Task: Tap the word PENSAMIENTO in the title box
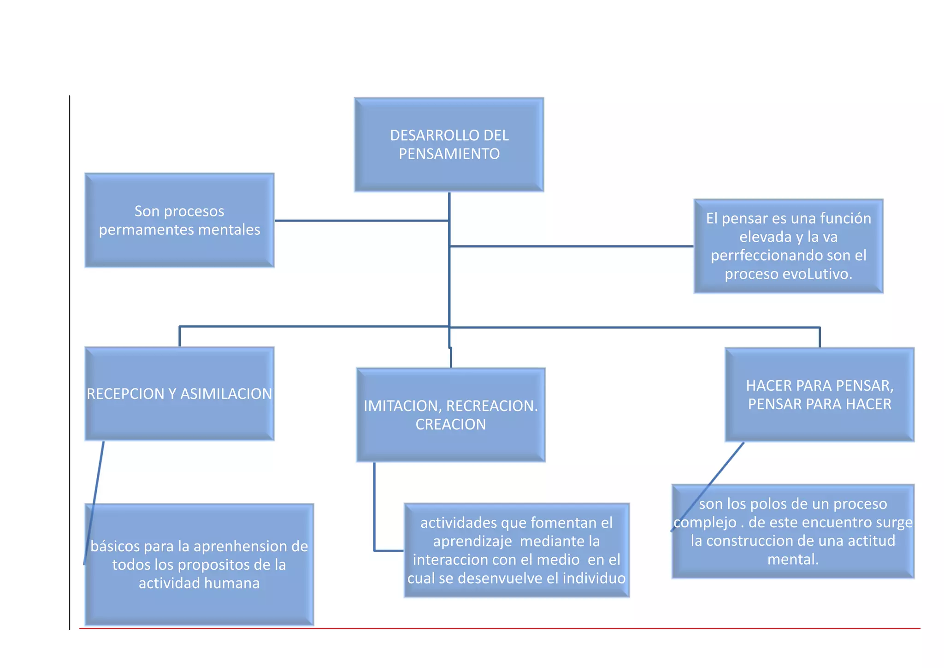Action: click(x=449, y=154)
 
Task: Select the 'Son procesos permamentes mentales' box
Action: click(x=179, y=220)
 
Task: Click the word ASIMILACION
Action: click(x=226, y=394)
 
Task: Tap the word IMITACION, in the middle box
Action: click(x=402, y=406)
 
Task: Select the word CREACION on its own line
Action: click(x=450, y=424)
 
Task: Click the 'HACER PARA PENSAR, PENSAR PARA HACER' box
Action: click(x=819, y=394)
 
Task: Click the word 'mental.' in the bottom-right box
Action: click(x=793, y=560)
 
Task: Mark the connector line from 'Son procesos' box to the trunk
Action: click(x=361, y=221)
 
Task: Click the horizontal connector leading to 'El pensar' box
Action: click(x=572, y=246)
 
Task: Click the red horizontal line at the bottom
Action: click(x=500, y=628)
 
